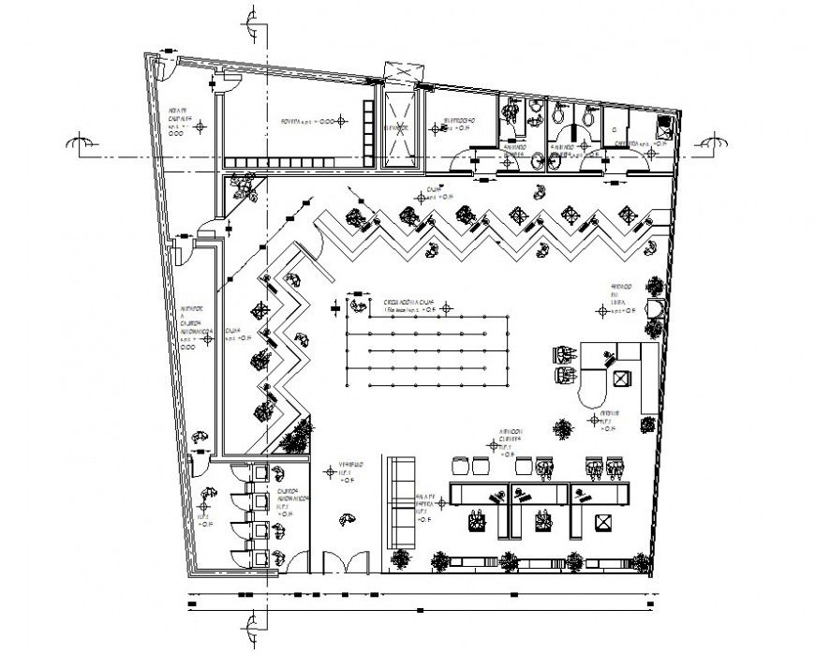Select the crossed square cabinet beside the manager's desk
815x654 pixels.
621,378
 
